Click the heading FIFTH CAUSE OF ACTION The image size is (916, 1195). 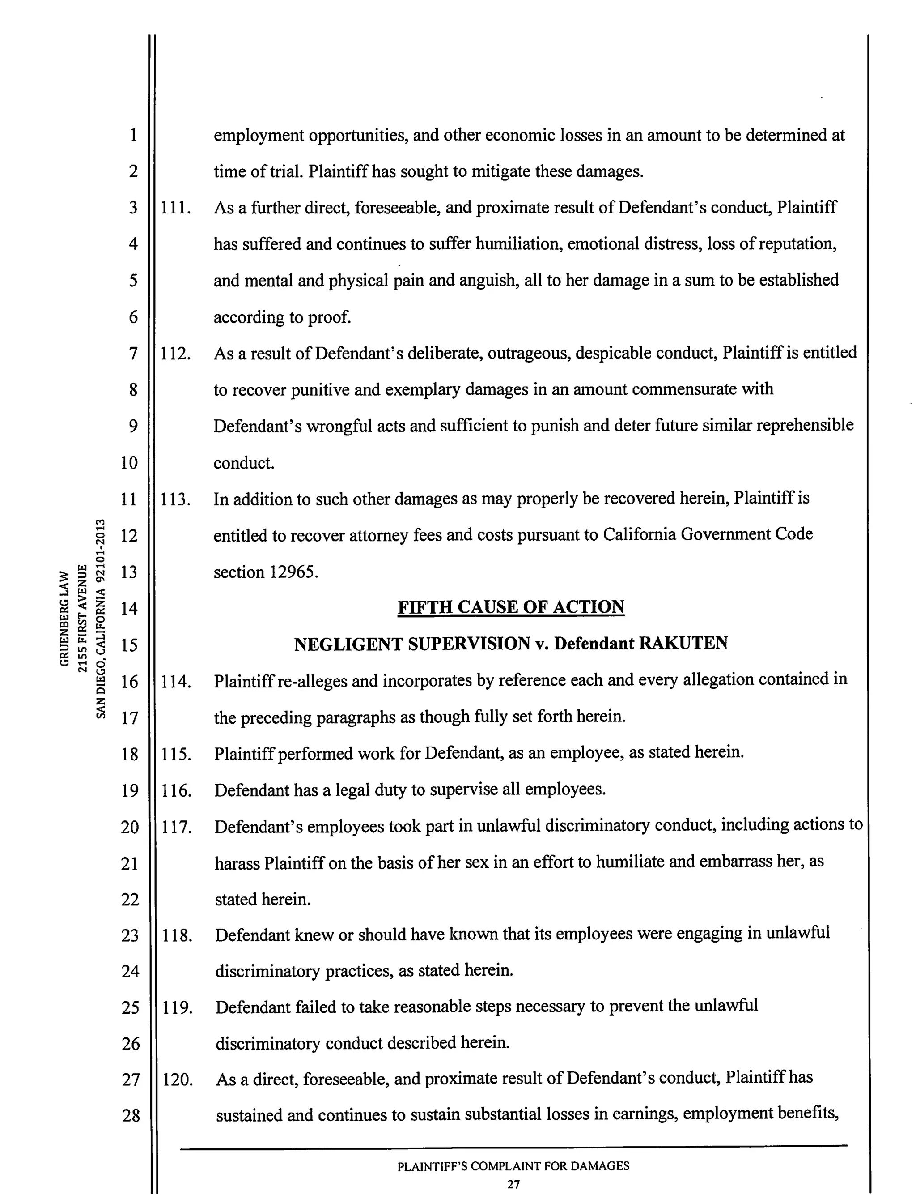tap(510, 607)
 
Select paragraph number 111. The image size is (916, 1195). tap(176, 208)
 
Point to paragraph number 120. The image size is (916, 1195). tap(177, 1080)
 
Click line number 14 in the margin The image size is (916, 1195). tap(129, 608)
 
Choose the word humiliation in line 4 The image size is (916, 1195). tap(518, 244)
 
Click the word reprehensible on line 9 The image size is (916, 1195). tap(806, 425)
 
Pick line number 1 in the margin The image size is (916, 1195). tap(133, 135)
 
